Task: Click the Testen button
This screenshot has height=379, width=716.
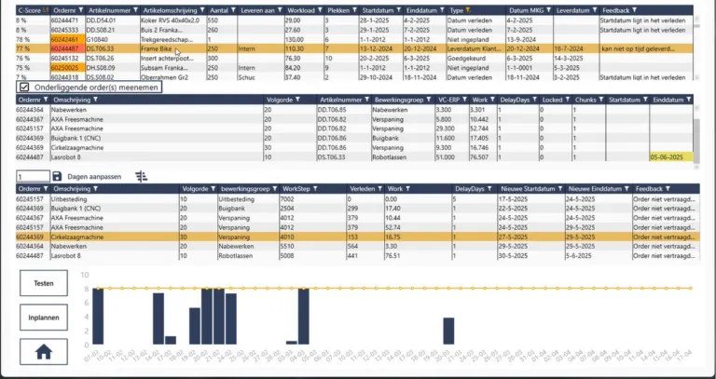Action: [44, 282]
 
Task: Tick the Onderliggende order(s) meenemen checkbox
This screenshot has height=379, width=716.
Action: [24, 87]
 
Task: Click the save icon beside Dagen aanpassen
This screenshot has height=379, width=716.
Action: [57, 176]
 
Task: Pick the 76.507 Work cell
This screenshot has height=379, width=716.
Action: [480, 157]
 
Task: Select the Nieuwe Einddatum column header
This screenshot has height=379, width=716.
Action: [596, 189]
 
